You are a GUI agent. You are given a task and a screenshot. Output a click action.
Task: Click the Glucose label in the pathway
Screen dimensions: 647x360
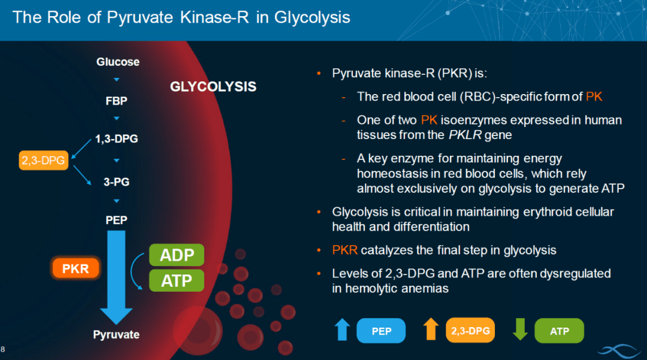(118, 62)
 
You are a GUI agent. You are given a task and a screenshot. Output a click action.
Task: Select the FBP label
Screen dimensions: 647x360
(116, 101)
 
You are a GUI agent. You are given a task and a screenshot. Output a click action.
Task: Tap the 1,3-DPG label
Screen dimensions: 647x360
(116, 139)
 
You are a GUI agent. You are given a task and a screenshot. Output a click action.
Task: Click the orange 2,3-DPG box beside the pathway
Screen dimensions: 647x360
(43, 161)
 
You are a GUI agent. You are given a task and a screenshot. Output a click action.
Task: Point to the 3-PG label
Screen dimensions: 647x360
(116, 182)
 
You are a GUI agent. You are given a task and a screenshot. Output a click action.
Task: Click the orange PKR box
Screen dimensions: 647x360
(75, 268)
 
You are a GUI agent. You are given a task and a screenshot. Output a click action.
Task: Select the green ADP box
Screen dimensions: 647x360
(177, 255)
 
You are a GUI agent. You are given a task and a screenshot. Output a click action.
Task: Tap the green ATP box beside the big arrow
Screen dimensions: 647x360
(177, 280)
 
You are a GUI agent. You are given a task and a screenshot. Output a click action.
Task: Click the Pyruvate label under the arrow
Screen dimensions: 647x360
(116, 334)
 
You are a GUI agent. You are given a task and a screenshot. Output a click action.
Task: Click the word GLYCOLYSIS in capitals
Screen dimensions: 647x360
(213, 87)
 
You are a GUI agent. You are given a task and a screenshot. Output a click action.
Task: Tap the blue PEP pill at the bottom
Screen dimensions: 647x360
(381, 331)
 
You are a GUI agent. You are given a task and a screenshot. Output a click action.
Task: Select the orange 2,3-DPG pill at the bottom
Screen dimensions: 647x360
(470, 330)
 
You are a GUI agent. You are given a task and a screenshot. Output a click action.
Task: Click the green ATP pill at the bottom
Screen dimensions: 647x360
(559, 331)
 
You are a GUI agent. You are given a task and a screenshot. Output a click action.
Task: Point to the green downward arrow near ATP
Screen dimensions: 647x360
(520, 329)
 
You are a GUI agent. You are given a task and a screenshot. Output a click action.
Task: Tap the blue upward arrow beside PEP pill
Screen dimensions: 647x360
(342, 329)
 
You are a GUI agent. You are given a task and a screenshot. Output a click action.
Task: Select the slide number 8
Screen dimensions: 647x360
(3, 349)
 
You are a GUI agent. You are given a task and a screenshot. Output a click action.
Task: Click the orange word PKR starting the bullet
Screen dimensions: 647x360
(344, 250)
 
